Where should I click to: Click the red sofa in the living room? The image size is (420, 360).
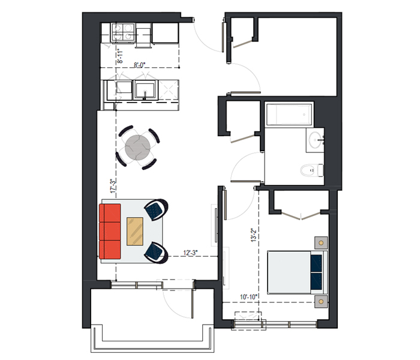[x=110, y=232]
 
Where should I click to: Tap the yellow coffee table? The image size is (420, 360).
[x=135, y=232]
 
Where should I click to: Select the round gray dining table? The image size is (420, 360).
[x=137, y=148]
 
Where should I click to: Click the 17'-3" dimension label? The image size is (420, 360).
[x=113, y=186]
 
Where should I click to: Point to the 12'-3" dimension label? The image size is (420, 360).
[x=190, y=253]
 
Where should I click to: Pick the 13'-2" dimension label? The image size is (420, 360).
[x=254, y=235]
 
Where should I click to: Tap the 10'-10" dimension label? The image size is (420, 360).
[x=248, y=297]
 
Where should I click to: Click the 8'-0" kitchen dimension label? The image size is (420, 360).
[x=139, y=65]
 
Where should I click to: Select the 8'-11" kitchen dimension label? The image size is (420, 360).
[x=120, y=56]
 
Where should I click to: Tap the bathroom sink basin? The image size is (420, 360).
[x=315, y=140]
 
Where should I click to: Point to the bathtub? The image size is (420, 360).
[x=289, y=115]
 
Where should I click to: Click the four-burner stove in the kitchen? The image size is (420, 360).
[x=123, y=32]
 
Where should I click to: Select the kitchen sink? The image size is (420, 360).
[x=145, y=91]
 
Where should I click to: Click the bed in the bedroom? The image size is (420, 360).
[x=298, y=272]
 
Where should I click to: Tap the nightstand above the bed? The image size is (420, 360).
[x=321, y=243]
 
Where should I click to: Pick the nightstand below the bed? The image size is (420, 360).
[x=321, y=302]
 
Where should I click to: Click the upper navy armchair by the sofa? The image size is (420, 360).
[x=156, y=209]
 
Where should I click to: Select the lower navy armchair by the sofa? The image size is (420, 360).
[x=156, y=253]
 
